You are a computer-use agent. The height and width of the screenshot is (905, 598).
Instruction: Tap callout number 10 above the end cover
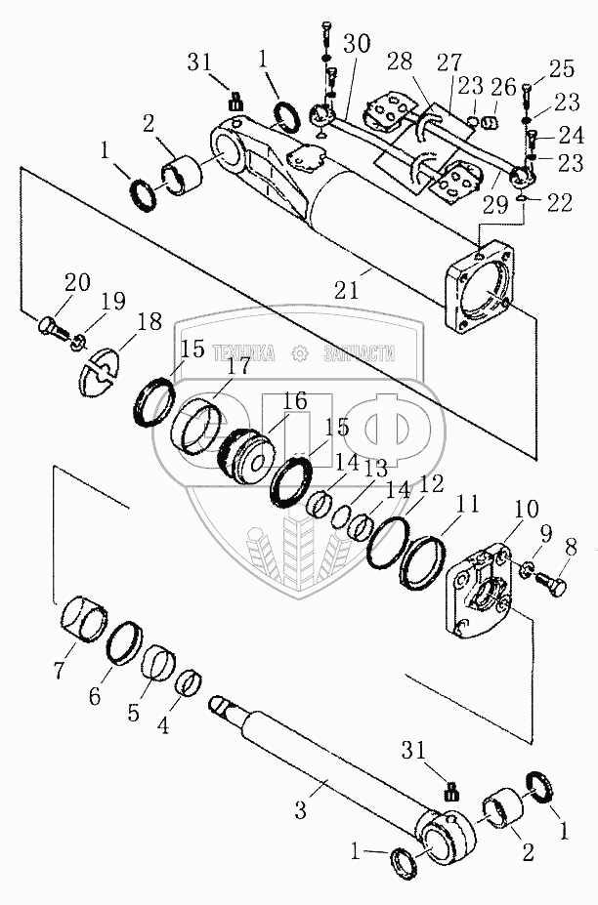(526, 510)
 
